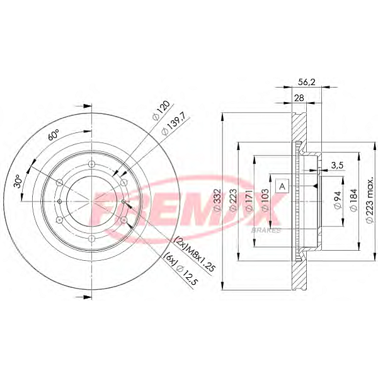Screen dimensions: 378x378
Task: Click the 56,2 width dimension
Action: tap(306, 82)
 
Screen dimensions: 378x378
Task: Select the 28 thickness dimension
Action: tap(299, 98)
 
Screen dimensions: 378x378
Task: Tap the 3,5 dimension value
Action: tap(337, 165)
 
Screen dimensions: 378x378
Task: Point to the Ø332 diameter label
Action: tap(217, 200)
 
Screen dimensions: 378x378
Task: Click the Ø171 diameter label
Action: tap(249, 200)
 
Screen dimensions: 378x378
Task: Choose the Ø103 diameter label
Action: tap(265, 200)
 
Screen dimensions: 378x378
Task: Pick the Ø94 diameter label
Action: tap(338, 200)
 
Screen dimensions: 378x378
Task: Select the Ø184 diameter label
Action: tap(353, 200)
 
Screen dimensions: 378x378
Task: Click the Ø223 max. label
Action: tap(370, 200)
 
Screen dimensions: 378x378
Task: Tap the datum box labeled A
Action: tap(282, 186)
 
